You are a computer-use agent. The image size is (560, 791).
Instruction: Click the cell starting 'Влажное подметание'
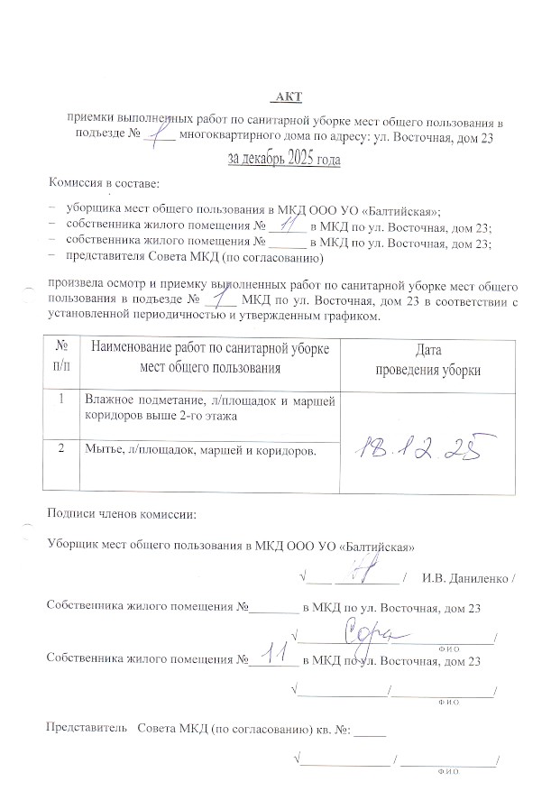click(207, 407)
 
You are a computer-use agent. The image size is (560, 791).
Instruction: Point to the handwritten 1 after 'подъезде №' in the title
click(162, 133)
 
